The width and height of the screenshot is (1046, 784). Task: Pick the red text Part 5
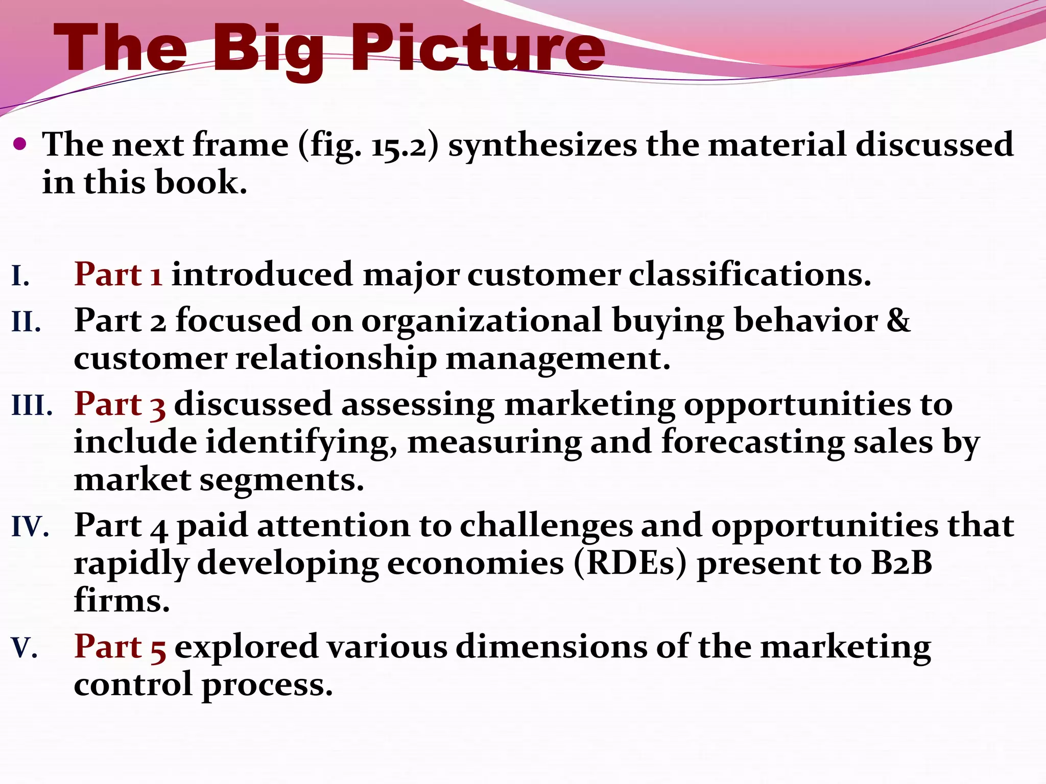pos(120,647)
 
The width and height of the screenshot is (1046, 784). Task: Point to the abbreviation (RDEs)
pos(630,563)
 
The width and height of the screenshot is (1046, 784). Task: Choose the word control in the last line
pos(133,685)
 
